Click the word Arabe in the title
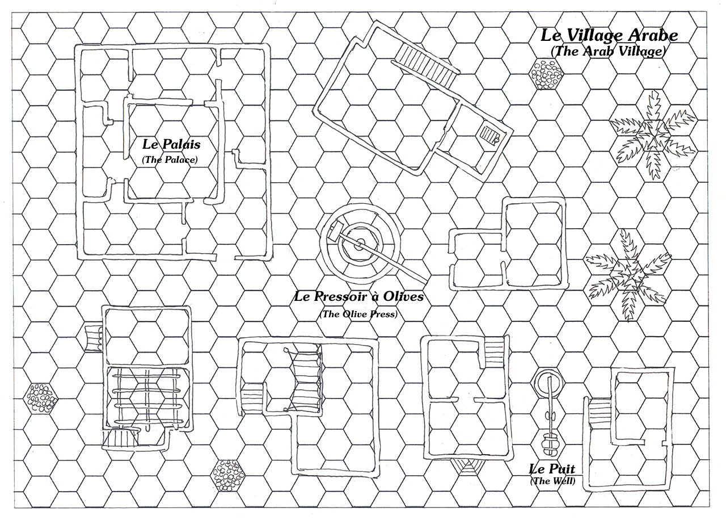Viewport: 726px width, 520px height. tap(652, 35)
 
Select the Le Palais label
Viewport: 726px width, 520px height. tap(171, 144)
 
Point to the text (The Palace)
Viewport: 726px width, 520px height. tap(170, 160)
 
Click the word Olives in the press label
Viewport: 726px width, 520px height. tap(403, 296)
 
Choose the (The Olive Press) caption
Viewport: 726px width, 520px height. tap(358, 314)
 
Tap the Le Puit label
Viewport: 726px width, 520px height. tap(552, 469)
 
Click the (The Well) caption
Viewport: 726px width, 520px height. tap(552, 481)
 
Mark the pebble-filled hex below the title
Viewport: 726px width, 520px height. tap(546, 74)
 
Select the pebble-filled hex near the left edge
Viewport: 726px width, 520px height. tap(41, 398)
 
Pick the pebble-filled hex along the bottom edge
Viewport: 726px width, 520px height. tap(227, 475)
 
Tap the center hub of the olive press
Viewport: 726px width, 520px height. tap(359, 245)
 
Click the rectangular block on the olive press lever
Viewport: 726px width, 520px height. tap(336, 230)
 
